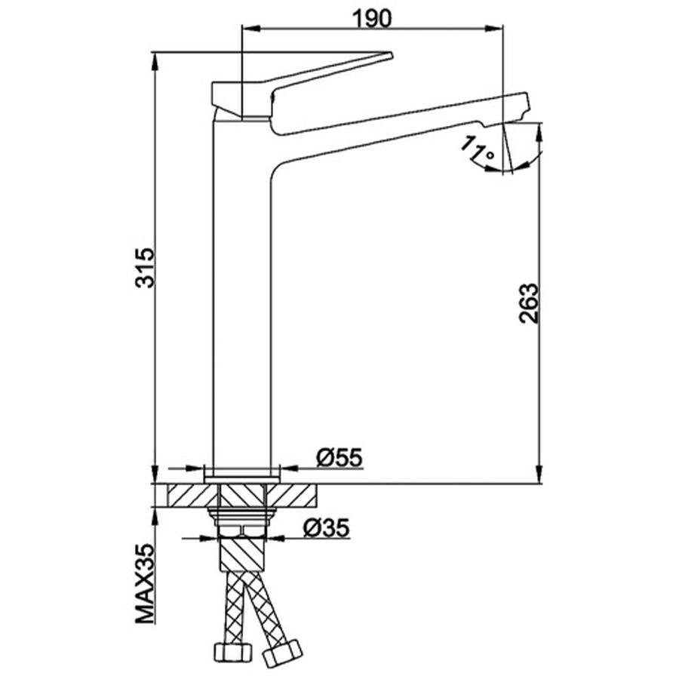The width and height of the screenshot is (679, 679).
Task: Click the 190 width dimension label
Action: (x=372, y=19)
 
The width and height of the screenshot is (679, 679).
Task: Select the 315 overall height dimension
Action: (x=144, y=268)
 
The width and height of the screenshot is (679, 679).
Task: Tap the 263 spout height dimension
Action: (x=529, y=303)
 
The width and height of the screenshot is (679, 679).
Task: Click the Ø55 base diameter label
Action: (x=339, y=457)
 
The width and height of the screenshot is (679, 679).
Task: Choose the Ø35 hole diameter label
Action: (x=327, y=527)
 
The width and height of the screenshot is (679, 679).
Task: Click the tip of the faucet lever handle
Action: (x=391, y=54)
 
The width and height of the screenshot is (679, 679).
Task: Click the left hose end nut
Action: (x=233, y=650)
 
